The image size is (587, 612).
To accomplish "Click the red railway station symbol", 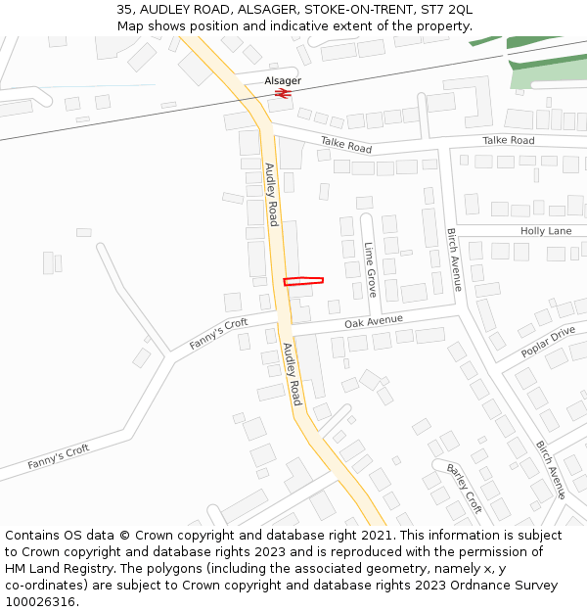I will [283, 94].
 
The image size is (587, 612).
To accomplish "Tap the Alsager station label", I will [283, 80].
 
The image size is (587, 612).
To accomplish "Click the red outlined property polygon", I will [303, 281].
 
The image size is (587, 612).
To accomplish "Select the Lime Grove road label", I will [370, 269].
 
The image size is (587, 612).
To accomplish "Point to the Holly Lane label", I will [546, 231].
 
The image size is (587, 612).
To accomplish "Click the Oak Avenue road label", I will [374, 321].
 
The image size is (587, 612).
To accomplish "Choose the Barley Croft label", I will [465, 488].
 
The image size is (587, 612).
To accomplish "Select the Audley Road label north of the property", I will [272, 194].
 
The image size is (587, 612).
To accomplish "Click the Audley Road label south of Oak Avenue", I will [292, 374].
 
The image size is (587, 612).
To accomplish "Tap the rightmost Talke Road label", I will [509, 141].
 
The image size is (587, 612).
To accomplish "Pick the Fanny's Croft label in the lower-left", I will [58, 455].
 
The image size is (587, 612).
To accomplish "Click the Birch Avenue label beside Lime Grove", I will [454, 259].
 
